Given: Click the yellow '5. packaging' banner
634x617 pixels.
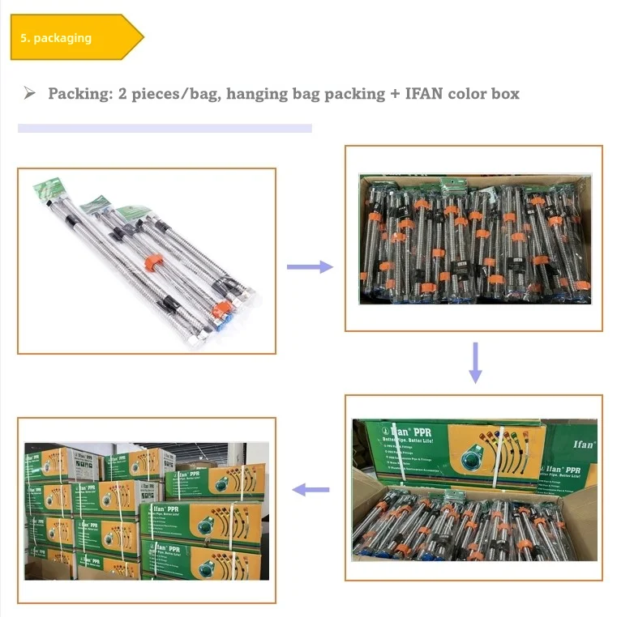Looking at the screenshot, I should [x=73, y=37].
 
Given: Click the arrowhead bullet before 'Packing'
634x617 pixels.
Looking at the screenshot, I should [x=30, y=94].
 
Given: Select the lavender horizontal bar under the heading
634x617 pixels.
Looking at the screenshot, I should [x=165, y=128].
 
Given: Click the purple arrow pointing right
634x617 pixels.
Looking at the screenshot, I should [x=311, y=266].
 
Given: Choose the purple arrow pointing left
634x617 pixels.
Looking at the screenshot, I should [x=311, y=489].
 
